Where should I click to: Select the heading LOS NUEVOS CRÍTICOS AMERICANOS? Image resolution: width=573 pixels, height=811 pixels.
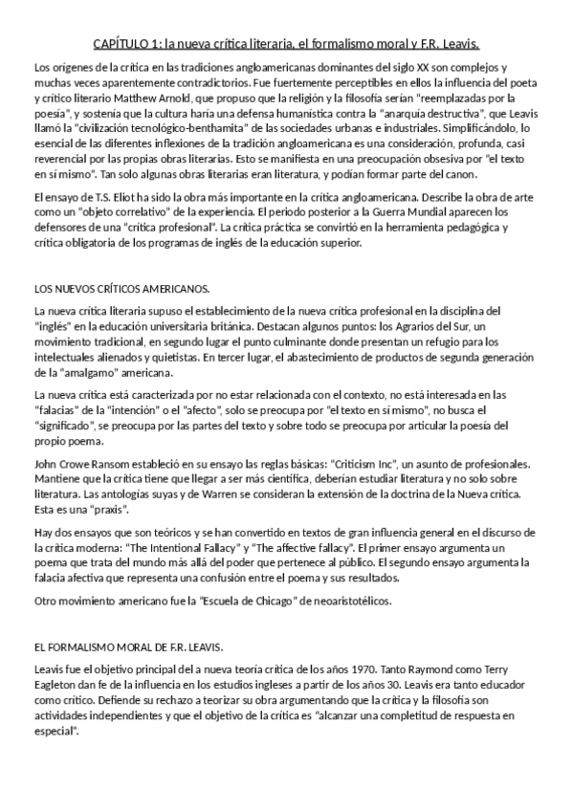point(121,287)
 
